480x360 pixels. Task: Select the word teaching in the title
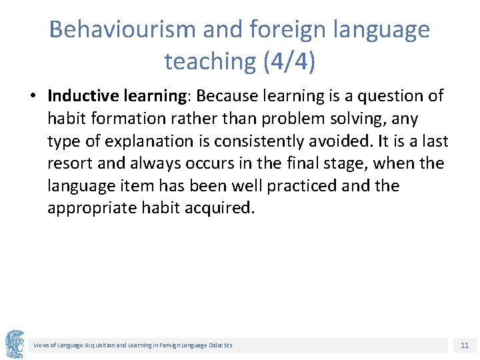pyautogui.click(x=209, y=61)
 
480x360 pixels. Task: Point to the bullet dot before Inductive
pyautogui.click(x=33, y=97)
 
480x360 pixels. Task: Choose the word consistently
pyautogui.click(x=269, y=141)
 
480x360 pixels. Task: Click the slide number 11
pyautogui.click(x=465, y=345)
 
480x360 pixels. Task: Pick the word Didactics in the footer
pyautogui.click(x=219, y=345)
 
